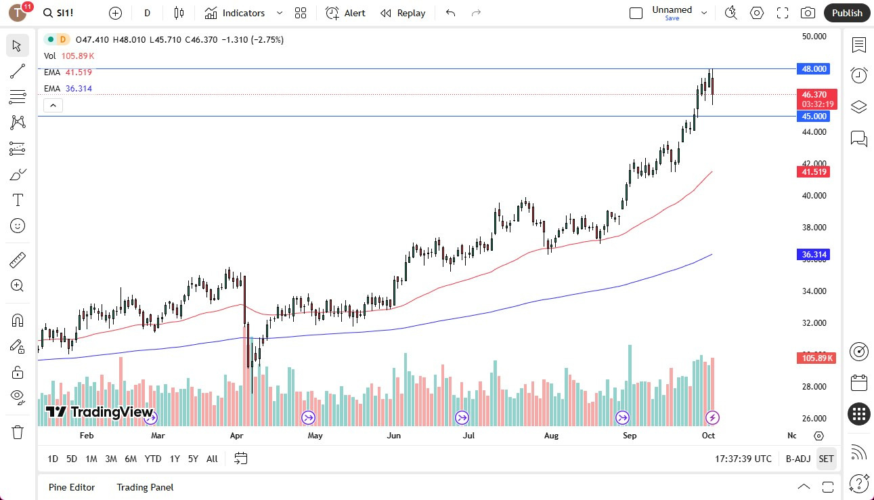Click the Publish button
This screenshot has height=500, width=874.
pos(847,13)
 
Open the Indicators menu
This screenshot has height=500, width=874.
pos(244,13)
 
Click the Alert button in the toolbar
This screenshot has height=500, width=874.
pos(346,13)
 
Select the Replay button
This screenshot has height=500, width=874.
pos(403,13)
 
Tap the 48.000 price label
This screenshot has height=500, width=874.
pos(814,69)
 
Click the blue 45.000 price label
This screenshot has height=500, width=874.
pos(814,117)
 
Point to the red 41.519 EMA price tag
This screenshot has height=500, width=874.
pos(815,172)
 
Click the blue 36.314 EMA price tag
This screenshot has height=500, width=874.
pos(815,255)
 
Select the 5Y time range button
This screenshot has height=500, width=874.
pos(193,459)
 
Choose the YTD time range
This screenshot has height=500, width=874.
pos(153,459)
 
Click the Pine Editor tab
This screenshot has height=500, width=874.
pos(72,487)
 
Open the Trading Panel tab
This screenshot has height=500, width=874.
pos(145,487)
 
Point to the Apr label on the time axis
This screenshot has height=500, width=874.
pos(236,436)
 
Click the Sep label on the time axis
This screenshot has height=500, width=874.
pos(630,436)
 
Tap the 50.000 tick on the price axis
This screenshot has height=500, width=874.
pos(814,36)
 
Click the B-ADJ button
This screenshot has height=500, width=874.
pos(798,459)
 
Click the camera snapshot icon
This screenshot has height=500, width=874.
pos(808,13)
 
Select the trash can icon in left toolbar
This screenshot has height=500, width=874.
pos(18,432)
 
